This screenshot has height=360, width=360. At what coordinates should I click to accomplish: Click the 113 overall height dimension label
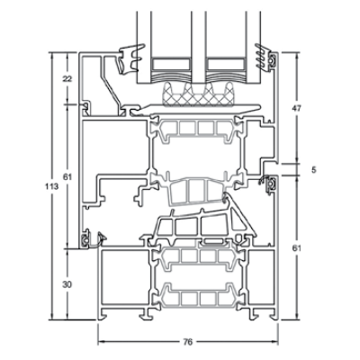[51, 186]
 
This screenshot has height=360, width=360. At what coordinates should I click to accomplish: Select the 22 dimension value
[67, 79]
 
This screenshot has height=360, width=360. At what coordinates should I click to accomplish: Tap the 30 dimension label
[67, 284]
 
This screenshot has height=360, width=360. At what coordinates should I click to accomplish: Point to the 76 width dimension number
[187, 342]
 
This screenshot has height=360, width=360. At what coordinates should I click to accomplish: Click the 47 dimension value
[297, 108]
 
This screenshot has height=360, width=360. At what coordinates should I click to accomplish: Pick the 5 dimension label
[314, 170]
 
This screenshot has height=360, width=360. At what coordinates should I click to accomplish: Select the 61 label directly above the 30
[67, 177]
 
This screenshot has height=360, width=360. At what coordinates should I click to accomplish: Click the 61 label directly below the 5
[297, 248]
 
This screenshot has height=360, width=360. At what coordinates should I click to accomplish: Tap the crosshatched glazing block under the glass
[198, 94]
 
